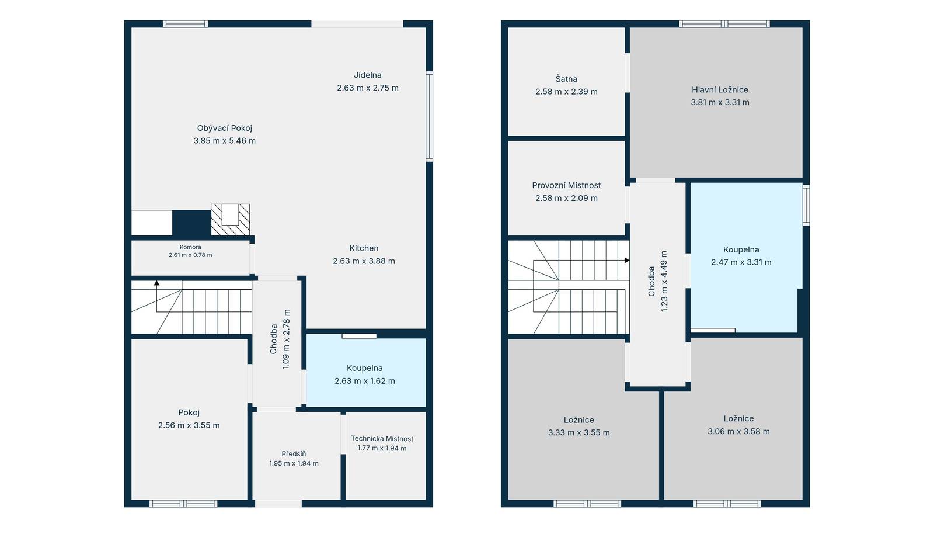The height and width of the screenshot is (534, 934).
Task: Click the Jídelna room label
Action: click(367, 75)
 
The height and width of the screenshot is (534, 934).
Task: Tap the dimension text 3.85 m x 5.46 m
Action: click(224, 141)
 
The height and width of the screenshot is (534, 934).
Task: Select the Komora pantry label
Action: click(190, 247)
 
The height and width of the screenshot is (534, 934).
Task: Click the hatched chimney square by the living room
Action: click(230, 220)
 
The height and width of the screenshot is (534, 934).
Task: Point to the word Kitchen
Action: click(364, 248)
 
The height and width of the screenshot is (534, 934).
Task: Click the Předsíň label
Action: click(294, 453)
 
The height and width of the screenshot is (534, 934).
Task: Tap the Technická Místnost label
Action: click(382, 438)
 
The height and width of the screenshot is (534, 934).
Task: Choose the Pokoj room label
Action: click(189, 412)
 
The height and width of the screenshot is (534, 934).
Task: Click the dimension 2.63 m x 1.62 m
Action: click(364, 381)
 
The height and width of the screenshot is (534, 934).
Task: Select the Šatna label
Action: click(566, 78)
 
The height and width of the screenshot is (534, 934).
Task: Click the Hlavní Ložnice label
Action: click(720, 90)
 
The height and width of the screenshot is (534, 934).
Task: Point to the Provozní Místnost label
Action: click(566, 185)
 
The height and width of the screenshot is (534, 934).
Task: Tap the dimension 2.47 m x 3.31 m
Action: click(741, 262)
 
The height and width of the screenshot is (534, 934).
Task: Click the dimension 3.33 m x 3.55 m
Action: click(578, 432)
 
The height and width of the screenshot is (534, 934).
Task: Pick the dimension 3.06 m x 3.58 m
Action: click(738, 431)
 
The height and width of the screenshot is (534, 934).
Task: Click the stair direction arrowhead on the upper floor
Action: click(627, 261)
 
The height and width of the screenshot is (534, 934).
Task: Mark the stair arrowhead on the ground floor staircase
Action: click(157, 283)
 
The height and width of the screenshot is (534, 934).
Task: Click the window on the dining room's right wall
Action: click(429, 116)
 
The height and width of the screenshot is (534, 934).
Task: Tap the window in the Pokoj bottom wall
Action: click(183, 504)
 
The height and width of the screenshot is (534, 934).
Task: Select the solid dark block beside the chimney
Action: click(191, 223)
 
